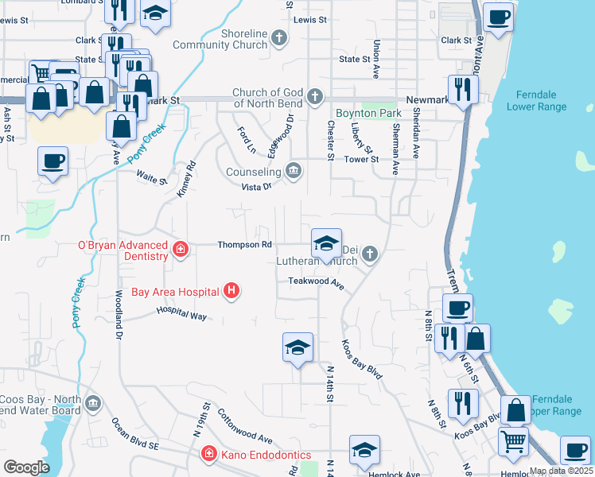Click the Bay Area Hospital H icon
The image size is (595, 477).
pos(231,292)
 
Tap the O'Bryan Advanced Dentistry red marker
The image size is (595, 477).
pos(181,250)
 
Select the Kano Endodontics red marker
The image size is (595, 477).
pos(208,454)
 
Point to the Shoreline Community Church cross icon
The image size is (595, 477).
pos(278,37)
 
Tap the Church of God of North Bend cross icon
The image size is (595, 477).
pos(314,98)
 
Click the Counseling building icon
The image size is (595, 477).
pos(294,171)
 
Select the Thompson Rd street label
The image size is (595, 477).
pos(245,245)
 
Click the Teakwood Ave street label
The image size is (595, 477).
pos(316,281)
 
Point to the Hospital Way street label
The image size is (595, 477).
pos(181,315)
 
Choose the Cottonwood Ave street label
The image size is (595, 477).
pos(244,426)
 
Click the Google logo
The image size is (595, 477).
pos(26,467)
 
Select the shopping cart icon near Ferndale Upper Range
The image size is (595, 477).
pos(513,440)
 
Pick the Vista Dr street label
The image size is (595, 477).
pos(257,186)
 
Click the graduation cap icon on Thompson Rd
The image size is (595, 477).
pos(325,244)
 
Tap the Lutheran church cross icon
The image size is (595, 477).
pos(368,254)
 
